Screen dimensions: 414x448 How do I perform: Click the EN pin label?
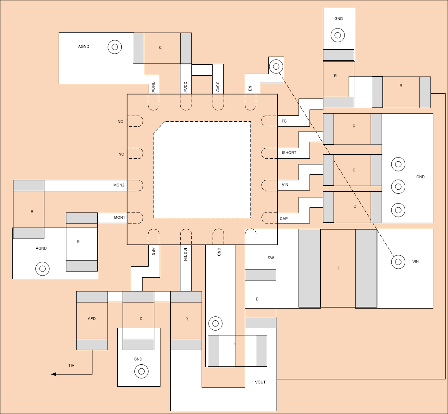[x=250, y=88]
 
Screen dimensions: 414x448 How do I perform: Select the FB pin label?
[x=284, y=121]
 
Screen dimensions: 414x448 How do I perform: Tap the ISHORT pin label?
[x=289, y=153]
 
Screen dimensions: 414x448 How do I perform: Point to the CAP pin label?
[x=284, y=219]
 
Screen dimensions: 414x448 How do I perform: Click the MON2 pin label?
[x=119, y=185]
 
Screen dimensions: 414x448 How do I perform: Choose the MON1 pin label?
[x=119, y=218]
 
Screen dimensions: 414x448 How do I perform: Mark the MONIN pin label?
[x=185, y=254]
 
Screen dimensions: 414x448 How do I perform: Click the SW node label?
[x=271, y=258]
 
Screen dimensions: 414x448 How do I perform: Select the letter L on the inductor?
[x=338, y=268]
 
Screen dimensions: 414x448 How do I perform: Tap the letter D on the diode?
[x=257, y=299]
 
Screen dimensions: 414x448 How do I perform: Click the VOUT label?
[x=260, y=382]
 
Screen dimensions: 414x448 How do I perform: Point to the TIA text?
[x=71, y=366]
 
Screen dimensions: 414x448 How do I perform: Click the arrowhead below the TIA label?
[x=53, y=374]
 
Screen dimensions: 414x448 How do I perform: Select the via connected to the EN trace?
[x=276, y=66]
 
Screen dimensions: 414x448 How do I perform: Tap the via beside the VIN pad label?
[x=398, y=262]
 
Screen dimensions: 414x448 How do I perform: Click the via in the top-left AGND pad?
[x=115, y=47]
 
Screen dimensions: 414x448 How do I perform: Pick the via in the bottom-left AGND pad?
[x=42, y=269]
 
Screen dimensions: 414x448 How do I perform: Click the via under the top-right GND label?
[x=338, y=35]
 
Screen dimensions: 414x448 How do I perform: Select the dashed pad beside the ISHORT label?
[x=269, y=153]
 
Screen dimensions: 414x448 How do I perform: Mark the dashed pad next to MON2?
[x=136, y=186]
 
